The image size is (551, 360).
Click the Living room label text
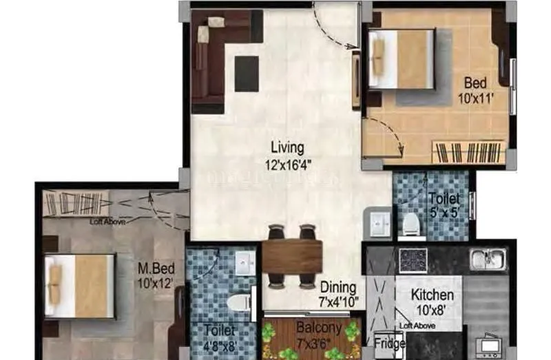point(287,147)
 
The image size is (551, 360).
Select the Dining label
point(337,287)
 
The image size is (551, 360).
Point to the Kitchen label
point(432,295)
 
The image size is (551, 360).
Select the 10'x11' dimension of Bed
point(475,98)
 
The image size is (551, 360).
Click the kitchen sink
point(488,260)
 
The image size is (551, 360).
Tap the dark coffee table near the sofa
point(247,74)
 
